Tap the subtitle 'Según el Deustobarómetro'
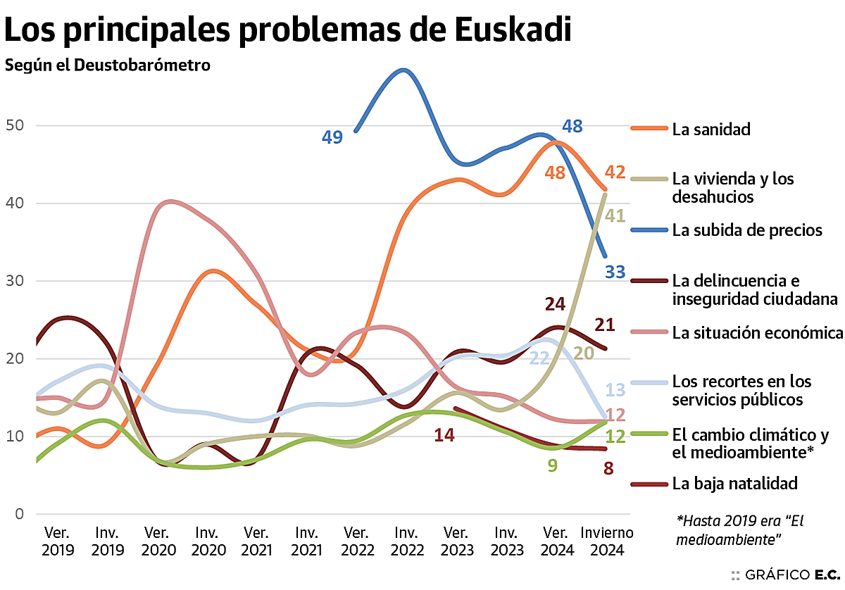tap(108, 66)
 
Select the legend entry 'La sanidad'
tap(711, 129)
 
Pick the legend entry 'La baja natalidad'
tap(734, 484)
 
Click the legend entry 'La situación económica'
tap(757, 332)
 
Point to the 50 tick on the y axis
tap(15, 126)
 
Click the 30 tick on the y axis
tap(15, 281)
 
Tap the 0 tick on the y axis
tap(20, 514)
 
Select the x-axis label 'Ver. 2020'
tap(158, 541)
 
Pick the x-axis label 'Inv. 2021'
tap(307, 541)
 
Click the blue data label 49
tap(332, 137)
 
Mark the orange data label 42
tap(615, 172)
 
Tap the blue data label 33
tap(615, 272)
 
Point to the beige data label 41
tap(615, 215)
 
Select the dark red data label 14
tap(444, 435)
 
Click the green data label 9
tap(553, 465)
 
